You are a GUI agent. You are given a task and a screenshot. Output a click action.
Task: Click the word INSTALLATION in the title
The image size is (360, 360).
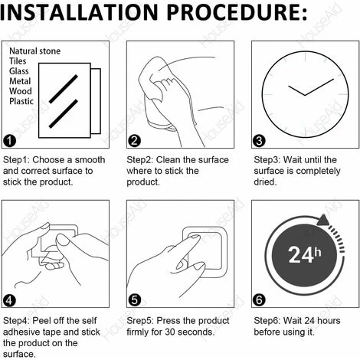[x=79, y=12]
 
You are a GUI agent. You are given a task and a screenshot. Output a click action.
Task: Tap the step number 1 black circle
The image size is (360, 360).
[x=9, y=141]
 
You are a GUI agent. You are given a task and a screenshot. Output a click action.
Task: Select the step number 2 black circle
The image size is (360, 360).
[x=134, y=141]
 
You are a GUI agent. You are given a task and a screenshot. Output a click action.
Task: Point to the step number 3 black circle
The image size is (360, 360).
[x=259, y=141]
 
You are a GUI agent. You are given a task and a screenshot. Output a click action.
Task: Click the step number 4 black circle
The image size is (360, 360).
[x=9, y=300]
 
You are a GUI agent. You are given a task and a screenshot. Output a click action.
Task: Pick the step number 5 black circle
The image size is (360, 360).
[x=134, y=300]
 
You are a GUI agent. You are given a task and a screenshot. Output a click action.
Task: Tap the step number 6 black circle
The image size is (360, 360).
[x=259, y=300]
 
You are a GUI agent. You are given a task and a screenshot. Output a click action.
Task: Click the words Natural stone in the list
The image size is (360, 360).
[x=34, y=51]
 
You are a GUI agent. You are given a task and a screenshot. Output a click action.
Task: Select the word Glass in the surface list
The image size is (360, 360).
[x=19, y=71]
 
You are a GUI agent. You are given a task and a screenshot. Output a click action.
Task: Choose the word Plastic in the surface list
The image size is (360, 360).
[x=21, y=101]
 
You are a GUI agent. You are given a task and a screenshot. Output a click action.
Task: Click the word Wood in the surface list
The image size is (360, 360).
[x=21, y=91]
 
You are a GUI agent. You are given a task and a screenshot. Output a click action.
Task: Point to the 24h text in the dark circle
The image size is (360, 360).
[x=305, y=255]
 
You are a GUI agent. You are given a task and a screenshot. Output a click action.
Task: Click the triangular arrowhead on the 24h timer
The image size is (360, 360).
[x=323, y=220]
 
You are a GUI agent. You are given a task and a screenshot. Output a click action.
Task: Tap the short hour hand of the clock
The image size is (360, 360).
[x=296, y=90]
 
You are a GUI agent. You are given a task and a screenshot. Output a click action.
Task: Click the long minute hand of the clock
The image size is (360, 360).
[x=319, y=87]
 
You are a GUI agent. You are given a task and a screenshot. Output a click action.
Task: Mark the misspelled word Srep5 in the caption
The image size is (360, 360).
[x=140, y=321]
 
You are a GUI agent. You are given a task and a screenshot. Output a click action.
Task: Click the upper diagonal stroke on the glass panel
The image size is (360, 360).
[x=64, y=89]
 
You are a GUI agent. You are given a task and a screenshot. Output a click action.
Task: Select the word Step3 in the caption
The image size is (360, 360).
[x=267, y=160]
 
